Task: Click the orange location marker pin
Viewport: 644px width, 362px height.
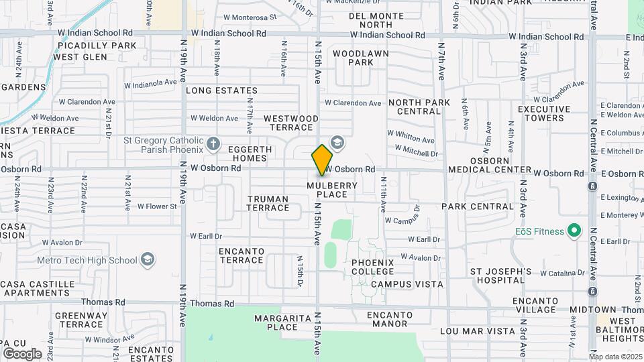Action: click(322, 160)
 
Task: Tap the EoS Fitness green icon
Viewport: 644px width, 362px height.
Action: click(574, 232)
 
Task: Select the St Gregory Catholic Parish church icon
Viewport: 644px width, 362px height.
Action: click(213, 143)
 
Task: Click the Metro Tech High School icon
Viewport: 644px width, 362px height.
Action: click(148, 259)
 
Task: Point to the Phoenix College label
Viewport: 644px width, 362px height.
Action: click(372, 266)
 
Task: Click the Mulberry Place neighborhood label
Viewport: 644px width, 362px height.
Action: click(327, 190)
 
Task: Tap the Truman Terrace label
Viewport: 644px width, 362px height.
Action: click(268, 203)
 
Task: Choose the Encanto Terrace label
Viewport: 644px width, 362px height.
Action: click(241, 255)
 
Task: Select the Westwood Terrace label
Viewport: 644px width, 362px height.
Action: click(290, 123)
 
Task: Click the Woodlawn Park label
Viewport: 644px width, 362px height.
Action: click(352, 57)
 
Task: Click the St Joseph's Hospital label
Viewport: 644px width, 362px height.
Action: click(500, 276)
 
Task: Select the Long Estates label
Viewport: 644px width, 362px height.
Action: click(221, 90)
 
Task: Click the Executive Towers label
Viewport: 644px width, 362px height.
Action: click(543, 113)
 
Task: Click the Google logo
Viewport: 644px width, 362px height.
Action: click(22, 353)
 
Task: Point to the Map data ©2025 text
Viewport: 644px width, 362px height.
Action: click(615, 357)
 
